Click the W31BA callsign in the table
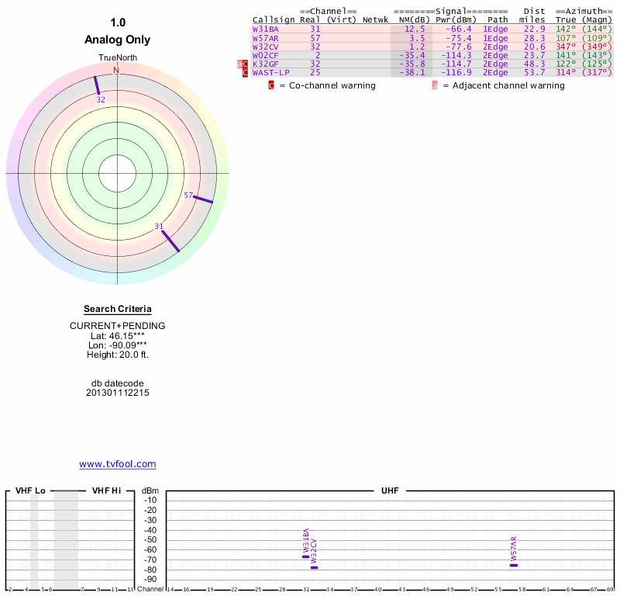coord(265,29)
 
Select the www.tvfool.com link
coord(118,464)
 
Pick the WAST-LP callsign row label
coord(270,72)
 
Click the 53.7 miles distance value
coord(535,72)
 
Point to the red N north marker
coord(116,71)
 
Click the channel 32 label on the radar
coord(101,100)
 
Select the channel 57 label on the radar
coord(188,195)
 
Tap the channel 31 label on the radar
coord(159,226)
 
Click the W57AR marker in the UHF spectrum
coord(514,565)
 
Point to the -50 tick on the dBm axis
coord(150,539)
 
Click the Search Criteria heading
coord(118,309)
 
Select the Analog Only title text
coord(118,40)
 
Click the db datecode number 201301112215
coord(118,393)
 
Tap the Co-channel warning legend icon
coord(271,85)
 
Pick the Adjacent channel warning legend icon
coord(435,85)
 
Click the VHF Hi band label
coord(106,490)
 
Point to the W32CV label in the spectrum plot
coord(314,550)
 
